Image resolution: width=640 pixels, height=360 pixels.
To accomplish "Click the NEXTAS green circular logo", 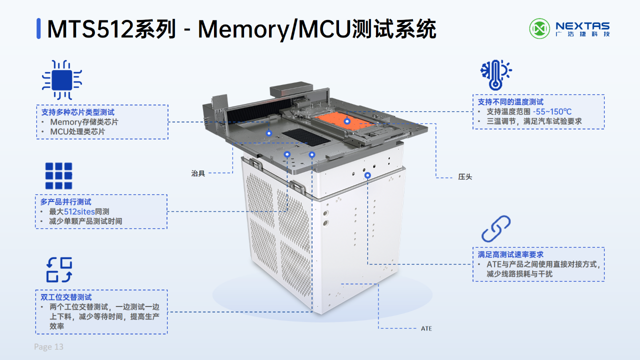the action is click(x=539, y=28).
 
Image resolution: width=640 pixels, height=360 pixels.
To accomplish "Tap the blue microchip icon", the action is click(x=62, y=80).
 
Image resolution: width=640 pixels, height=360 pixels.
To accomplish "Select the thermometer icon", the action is click(x=495, y=75).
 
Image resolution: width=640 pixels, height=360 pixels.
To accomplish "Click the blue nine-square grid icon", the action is click(x=58, y=176).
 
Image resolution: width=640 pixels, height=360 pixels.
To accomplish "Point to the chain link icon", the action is click(x=496, y=228).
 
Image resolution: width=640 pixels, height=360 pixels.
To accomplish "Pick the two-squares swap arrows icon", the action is click(x=59, y=269).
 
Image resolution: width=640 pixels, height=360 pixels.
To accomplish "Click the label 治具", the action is click(x=198, y=173).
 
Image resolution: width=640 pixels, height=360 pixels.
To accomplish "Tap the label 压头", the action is click(x=465, y=177).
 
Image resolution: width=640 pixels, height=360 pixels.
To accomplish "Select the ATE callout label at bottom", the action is click(x=426, y=328).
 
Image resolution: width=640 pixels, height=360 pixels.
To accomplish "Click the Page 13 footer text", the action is click(x=48, y=347).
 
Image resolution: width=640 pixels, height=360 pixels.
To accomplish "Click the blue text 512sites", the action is click(x=79, y=211).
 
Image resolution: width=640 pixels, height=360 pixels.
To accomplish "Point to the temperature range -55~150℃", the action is click(x=552, y=111).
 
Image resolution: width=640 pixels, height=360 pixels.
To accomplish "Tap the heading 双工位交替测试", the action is click(x=66, y=297).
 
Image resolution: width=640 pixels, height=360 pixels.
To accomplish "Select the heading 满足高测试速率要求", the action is click(x=510, y=254).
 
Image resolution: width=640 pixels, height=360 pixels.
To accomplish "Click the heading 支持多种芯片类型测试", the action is click(x=77, y=112).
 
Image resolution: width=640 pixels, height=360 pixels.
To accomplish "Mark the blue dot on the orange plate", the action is click(x=347, y=121).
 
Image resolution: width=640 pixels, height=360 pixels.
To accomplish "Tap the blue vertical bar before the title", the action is click(x=38, y=28).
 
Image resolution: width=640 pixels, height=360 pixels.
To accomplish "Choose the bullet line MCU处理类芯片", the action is click(x=77, y=131).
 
